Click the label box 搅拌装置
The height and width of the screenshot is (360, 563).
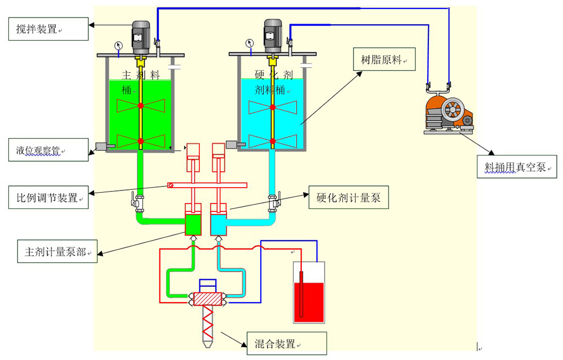point(48,29)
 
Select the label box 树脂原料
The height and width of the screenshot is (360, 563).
point(384,59)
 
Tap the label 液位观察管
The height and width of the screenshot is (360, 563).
point(48,150)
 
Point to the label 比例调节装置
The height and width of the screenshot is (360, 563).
point(48,197)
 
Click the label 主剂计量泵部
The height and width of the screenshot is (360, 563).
point(57,251)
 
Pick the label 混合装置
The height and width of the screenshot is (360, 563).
point(287,344)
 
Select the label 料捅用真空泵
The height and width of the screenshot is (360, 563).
point(516,166)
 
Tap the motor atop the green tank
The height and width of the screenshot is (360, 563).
point(141,35)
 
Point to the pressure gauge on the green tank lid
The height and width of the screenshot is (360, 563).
point(118,45)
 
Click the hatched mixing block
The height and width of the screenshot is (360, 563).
point(208,299)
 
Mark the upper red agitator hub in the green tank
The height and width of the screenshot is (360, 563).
point(141,106)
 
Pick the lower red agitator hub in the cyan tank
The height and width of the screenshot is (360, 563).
point(272,140)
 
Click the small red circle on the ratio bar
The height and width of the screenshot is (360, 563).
point(171,185)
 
